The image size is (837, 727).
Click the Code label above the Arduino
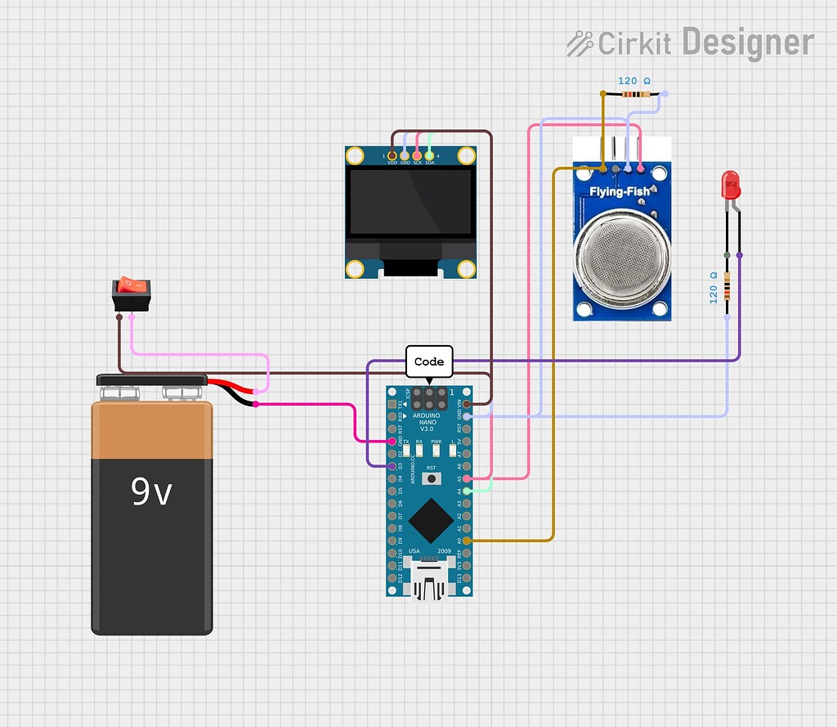429,361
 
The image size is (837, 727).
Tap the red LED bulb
730,185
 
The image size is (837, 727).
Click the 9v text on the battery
152,491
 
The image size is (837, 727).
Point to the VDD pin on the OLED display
392,155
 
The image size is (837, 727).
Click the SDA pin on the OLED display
430,155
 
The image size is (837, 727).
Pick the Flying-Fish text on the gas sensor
620,192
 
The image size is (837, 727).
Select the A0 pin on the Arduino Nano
467,541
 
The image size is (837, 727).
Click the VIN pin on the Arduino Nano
467,404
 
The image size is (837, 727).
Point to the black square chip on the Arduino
430,517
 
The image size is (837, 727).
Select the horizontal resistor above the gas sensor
634,95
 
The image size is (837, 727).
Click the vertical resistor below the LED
727,288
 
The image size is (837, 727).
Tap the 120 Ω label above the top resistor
634,81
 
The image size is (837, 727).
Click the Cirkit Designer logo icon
580,43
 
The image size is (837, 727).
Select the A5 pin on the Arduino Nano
467,478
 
